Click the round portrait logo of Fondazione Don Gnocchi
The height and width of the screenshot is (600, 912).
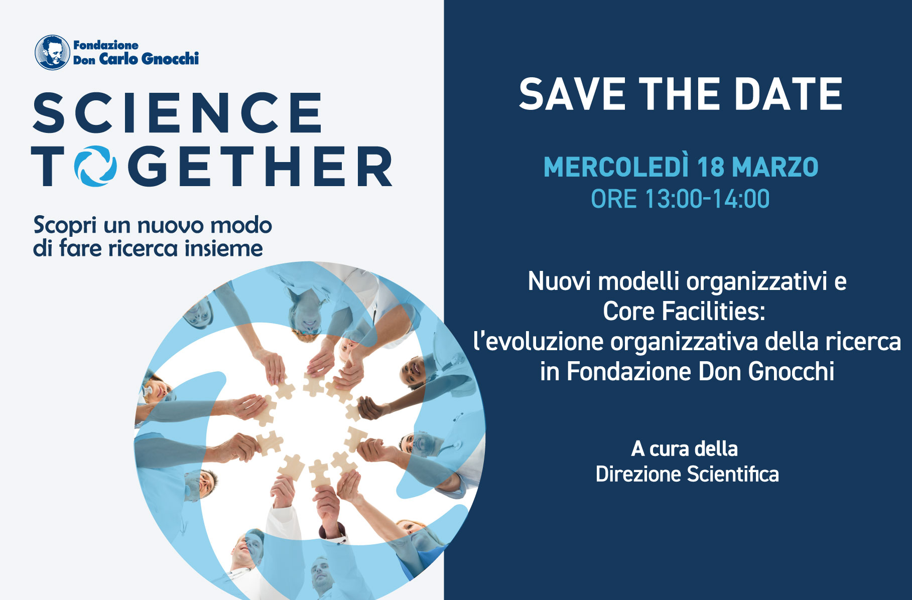tap(52, 52)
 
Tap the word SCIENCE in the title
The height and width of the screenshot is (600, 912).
tap(177, 113)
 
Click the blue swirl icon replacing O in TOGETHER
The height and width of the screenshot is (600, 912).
tap(95, 166)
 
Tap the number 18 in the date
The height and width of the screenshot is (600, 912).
tap(710, 167)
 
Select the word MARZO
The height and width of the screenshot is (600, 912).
tap(775, 167)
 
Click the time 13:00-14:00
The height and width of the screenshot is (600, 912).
tap(707, 199)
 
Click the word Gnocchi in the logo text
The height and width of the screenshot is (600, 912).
tap(171, 59)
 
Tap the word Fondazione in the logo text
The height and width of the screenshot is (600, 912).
tap(106, 45)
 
